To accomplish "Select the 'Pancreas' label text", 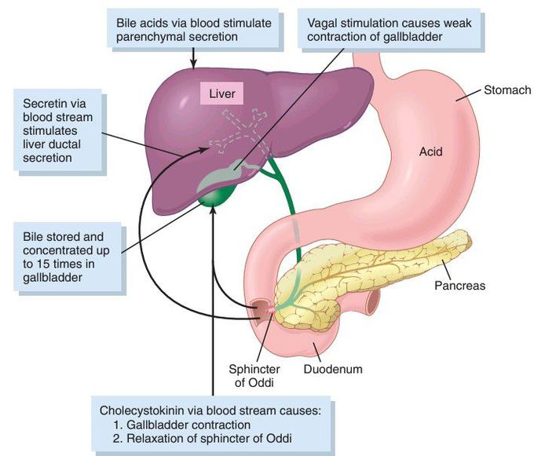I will pyautogui.click(x=460, y=286).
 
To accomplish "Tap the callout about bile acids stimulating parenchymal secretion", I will pyautogui.click(x=192, y=30).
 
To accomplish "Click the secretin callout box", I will pyautogui.click(x=58, y=129).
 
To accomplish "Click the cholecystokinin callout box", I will pyautogui.click(x=212, y=424).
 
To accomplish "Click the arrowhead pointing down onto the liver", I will pyautogui.click(x=191, y=64).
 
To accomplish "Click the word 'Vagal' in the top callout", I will pyautogui.click(x=323, y=23).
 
